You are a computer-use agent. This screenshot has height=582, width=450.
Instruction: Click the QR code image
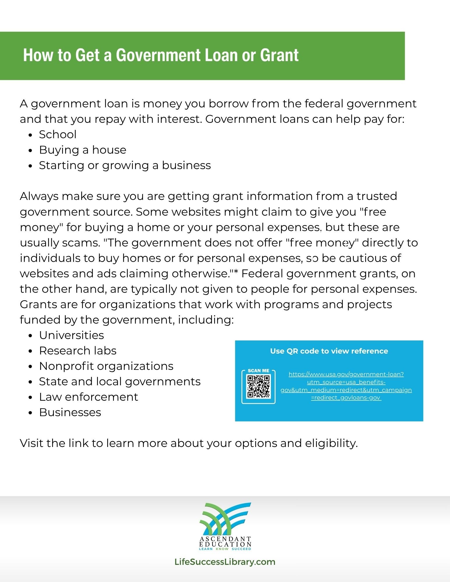click(x=258, y=386)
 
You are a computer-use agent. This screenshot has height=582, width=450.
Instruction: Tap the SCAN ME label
click(x=258, y=371)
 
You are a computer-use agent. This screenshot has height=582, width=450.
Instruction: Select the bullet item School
click(x=58, y=134)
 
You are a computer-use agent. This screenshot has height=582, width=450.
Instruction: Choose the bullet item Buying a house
click(x=83, y=150)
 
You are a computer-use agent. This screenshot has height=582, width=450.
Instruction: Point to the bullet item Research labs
click(x=78, y=351)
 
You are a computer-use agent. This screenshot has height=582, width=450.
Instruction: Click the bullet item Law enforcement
click(x=89, y=397)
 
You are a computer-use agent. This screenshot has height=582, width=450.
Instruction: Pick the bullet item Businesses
click(x=70, y=412)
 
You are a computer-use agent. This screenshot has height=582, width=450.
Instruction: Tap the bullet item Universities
click(x=72, y=335)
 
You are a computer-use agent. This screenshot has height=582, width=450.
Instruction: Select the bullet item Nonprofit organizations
click(x=106, y=366)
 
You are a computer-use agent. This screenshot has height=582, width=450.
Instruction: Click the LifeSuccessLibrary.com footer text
click(x=225, y=562)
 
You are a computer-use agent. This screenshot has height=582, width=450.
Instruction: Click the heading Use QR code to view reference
click(x=329, y=351)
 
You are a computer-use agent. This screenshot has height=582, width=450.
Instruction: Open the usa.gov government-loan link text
click(x=346, y=386)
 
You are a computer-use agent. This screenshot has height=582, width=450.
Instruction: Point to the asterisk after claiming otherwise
click(x=236, y=272)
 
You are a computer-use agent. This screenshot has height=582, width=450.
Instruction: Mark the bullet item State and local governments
click(x=120, y=382)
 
